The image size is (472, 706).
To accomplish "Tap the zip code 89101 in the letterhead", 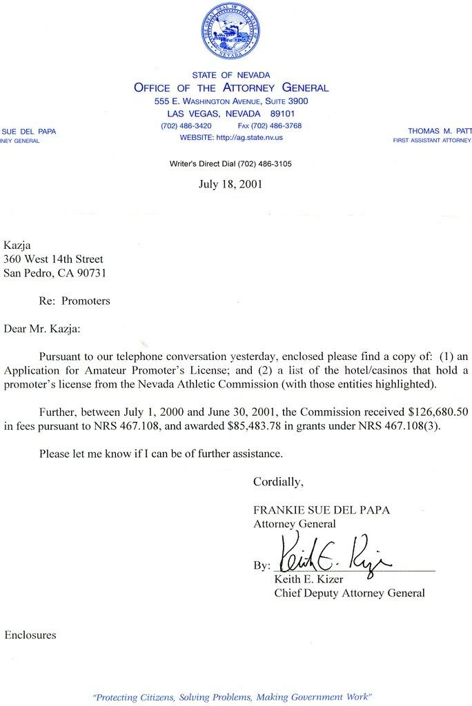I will point(282,113).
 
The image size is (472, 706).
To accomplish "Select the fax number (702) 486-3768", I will point(270,125).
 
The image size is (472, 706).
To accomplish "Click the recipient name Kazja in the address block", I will point(18,245).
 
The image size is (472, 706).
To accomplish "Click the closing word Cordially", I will point(278,481).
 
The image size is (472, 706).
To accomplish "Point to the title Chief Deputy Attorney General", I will point(349,592).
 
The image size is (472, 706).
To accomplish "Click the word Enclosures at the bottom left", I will point(30,634).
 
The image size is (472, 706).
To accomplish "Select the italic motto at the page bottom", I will point(233,697).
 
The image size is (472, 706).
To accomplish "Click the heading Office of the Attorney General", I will point(231,88).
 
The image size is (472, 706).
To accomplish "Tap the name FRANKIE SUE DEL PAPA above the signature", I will point(322,510).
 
